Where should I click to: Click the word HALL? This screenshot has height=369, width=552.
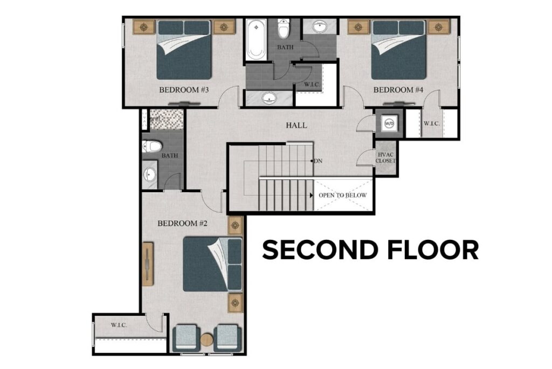point(296,125)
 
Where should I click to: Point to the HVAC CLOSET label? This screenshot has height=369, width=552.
point(386,158)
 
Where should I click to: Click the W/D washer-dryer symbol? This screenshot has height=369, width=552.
point(389,123)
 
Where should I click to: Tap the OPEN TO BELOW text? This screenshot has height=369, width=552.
point(343,195)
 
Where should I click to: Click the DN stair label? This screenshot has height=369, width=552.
point(319,161)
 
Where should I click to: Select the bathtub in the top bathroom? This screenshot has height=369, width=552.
point(256,41)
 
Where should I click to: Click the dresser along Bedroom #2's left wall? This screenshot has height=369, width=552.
point(147,264)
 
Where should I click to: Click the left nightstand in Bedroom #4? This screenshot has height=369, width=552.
point(358,26)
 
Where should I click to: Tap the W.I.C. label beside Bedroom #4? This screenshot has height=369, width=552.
point(432,124)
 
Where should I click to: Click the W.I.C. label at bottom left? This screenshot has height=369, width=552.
point(119,325)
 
